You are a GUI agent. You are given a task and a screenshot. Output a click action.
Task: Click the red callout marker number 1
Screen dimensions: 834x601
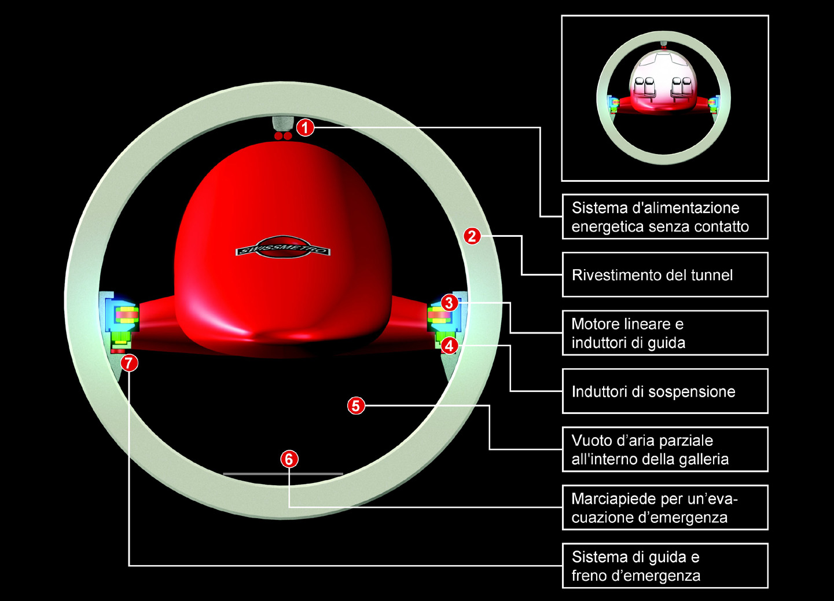click(306, 128)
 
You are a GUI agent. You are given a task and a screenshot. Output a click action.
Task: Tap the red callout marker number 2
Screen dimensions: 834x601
click(472, 236)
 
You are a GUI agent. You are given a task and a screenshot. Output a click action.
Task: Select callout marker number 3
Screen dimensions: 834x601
click(449, 303)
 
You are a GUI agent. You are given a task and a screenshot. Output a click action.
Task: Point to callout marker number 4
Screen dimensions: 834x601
click(449, 346)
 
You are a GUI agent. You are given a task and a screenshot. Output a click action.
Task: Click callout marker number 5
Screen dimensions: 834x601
click(356, 405)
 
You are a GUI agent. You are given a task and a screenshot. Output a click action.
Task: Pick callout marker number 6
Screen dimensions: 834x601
click(289, 459)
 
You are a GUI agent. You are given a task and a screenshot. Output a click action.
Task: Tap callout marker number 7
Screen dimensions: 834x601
click(129, 362)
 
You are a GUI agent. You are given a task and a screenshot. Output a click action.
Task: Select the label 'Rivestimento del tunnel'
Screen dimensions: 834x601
click(652, 275)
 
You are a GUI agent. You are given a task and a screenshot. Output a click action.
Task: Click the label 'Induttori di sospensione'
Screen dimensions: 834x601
click(653, 391)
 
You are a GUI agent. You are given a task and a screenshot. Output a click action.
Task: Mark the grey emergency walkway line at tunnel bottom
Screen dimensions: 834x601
click(283, 474)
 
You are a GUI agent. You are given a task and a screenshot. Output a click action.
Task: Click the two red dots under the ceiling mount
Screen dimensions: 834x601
click(283, 136)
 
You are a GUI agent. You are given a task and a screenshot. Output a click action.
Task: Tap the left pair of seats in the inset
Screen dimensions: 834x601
click(645, 87)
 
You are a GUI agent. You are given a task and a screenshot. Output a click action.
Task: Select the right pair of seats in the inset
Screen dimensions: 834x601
click(682, 87)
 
